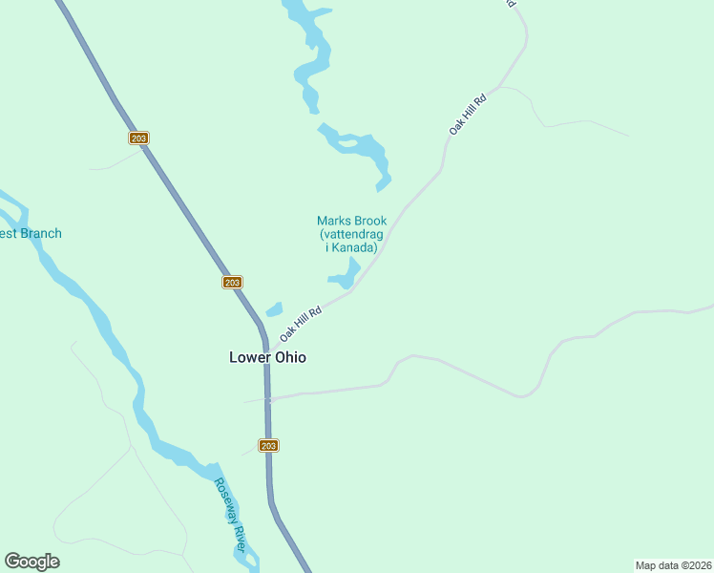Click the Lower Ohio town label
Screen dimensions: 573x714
267,358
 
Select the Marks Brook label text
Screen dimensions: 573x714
351,222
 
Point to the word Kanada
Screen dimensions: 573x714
356,247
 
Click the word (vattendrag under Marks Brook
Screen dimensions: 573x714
351,234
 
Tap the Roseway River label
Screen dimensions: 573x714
230,513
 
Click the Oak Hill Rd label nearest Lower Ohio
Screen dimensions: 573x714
302,324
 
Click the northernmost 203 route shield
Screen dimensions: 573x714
139,138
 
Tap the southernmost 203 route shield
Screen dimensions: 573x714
269,446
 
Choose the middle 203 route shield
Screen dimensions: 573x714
232,282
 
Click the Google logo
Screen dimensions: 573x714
31,562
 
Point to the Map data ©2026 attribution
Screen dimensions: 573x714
673,564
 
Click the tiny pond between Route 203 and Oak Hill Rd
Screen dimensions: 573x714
274,309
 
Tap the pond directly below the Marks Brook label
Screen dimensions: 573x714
345,277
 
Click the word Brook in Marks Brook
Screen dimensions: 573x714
368,222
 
